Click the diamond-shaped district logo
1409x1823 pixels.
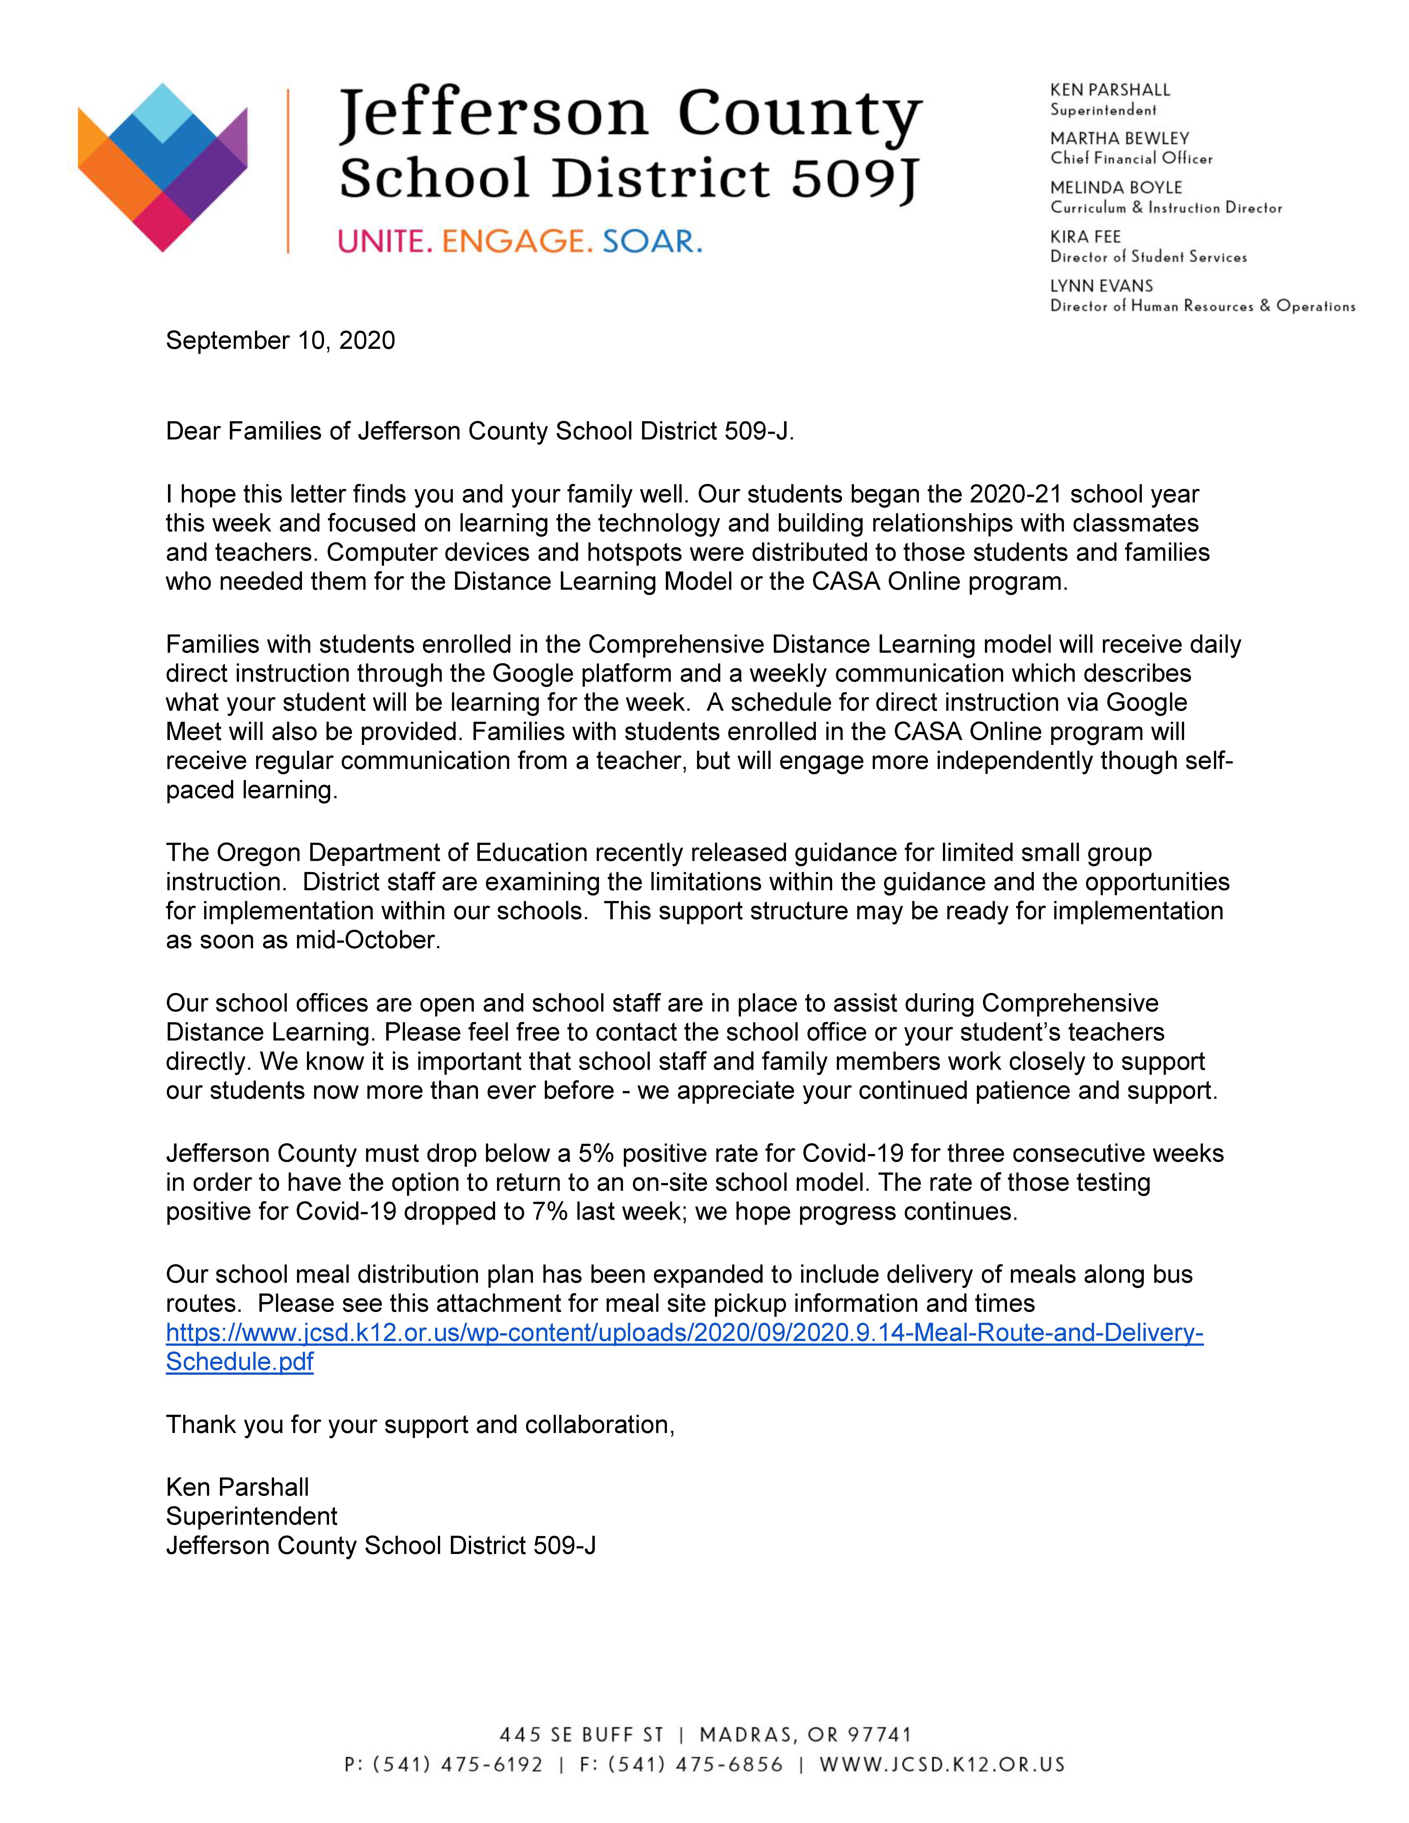pyautogui.click(x=163, y=167)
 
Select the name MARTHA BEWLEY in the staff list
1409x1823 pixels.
pyautogui.click(x=1119, y=139)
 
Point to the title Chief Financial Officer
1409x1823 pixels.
pyautogui.click(x=1131, y=159)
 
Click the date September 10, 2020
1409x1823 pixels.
pyautogui.click(x=280, y=341)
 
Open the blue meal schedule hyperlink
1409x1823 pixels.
pyautogui.click(x=684, y=1333)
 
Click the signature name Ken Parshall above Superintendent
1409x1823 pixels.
pyautogui.click(x=238, y=1487)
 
